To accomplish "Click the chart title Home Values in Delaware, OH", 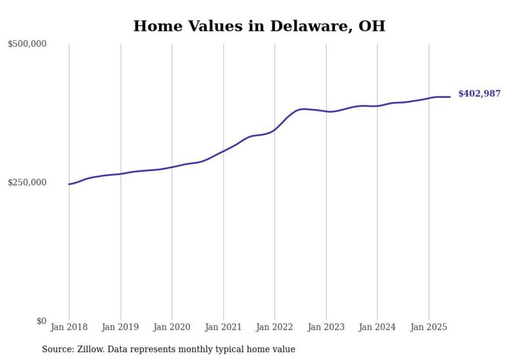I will pyautogui.click(x=259, y=26).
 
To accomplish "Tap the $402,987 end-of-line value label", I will pyautogui.click(x=479, y=94).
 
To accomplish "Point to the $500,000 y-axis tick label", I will pyautogui.click(x=27, y=44).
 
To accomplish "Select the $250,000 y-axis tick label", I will pyautogui.click(x=27, y=183).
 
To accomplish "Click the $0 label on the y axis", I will pyautogui.click(x=41, y=321).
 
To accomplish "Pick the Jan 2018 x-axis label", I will pyautogui.click(x=69, y=327).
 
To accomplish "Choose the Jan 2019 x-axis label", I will pyautogui.click(x=121, y=327).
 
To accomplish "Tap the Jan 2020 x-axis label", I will pyautogui.click(x=172, y=327).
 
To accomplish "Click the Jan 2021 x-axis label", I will pyautogui.click(x=223, y=327).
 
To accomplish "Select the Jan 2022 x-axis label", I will pyautogui.click(x=275, y=327).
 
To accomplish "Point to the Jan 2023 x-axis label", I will pyautogui.click(x=326, y=327).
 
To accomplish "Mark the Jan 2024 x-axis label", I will pyautogui.click(x=377, y=327).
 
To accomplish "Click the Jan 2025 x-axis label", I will pyautogui.click(x=429, y=327).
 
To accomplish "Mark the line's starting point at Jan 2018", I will pyautogui.click(x=69, y=184).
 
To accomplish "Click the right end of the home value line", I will pyautogui.click(x=450, y=97).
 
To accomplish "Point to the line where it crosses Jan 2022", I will pyautogui.click(x=275, y=130).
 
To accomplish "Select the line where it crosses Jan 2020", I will pyautogui.click(x=172, y=167).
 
